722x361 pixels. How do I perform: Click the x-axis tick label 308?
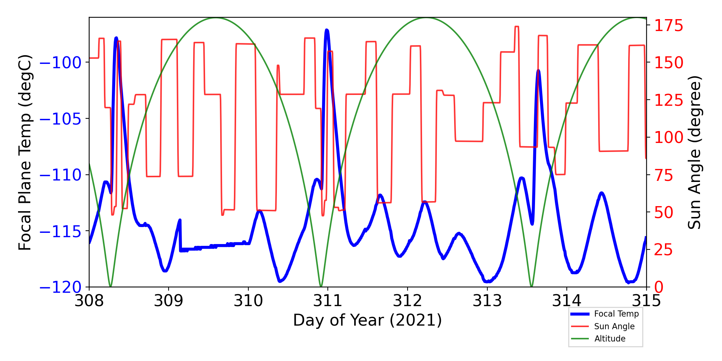click(x=89, y=301)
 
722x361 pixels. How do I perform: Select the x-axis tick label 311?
click(x=328, y=301)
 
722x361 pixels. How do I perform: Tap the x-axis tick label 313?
click(x=487, y=301)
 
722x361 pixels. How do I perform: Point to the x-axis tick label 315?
click(x=646, y=301)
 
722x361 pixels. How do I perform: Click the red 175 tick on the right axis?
click(x=669, y=26)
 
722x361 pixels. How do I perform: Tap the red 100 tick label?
click(x=669, y=137)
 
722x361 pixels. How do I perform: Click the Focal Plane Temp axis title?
click(x=25, y=152)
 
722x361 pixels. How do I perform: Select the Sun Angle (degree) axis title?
click(x=694, y=152)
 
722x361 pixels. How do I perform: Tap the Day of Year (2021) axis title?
click(x=367, y=320)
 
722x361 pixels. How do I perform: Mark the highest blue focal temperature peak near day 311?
click(x=327, y=30)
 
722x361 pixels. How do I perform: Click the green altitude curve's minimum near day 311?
click(x=321, y=286)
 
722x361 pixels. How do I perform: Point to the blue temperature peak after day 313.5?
click(x=538, y=71)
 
